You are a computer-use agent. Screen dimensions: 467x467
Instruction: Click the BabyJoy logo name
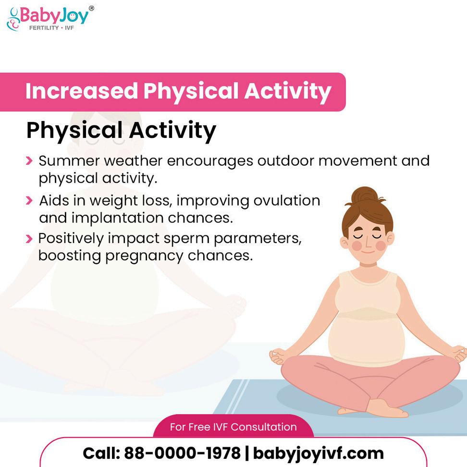(54, 15)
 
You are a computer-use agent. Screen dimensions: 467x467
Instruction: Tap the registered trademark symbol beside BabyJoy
(91, 8)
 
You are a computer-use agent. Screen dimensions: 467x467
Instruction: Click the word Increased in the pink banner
(82, 91)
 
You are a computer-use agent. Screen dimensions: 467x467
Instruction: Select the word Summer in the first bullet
(69, 161)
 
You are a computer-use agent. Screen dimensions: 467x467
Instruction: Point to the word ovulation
(287, 200)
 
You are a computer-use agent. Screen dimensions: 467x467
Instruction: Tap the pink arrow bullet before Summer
(29, 161)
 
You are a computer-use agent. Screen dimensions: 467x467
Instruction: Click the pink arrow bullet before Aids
(29, 200)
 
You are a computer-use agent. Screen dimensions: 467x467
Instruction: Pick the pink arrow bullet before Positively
(29, 239)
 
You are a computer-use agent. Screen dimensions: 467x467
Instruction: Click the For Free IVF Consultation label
(233, 427)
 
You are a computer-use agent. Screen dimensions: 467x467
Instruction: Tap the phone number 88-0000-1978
(182, 453)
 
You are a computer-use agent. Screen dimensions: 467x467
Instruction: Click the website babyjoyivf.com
(319, 454)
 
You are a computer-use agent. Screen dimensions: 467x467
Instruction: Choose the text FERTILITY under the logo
(44, 28)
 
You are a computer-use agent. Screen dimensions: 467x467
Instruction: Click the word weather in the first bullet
(133, 161)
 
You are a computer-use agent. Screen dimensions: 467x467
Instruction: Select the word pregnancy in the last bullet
(144, 256)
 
